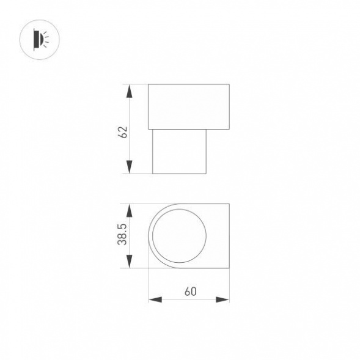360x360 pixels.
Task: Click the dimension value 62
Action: [x=123, y=132]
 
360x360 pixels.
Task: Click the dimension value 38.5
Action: [x=122, y=235]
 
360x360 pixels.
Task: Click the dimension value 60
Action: [x=190, y=292]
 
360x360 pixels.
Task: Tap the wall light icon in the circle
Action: [x=42, y=40]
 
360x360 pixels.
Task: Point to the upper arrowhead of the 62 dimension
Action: [x=130, y=92]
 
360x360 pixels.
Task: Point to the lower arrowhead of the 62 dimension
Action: [x=130, y=167]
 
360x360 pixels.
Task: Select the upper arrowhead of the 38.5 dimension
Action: [x=130, y=210]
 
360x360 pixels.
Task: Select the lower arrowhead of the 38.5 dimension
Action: [x=130, y=261]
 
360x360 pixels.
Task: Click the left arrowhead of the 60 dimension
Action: [x=155, y=299]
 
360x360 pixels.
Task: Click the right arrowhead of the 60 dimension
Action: [x=222, y=299]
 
